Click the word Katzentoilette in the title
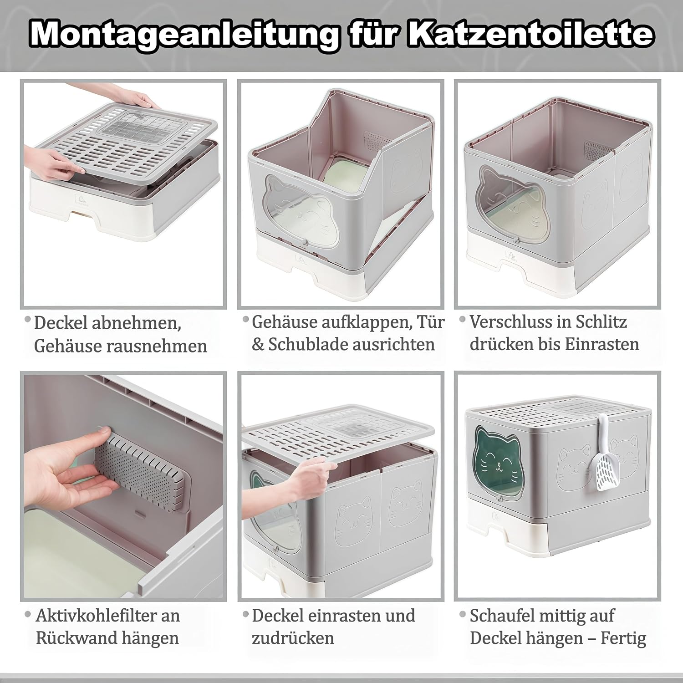[x=530, y=33]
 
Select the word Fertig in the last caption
[x=623, y=638]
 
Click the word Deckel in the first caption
[x=61, y=323]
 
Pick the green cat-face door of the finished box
[x=496, y=469]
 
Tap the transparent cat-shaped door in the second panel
[x=301, y=214]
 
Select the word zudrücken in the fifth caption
[x=293, y=638]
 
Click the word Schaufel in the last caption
[x=503, y=616]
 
